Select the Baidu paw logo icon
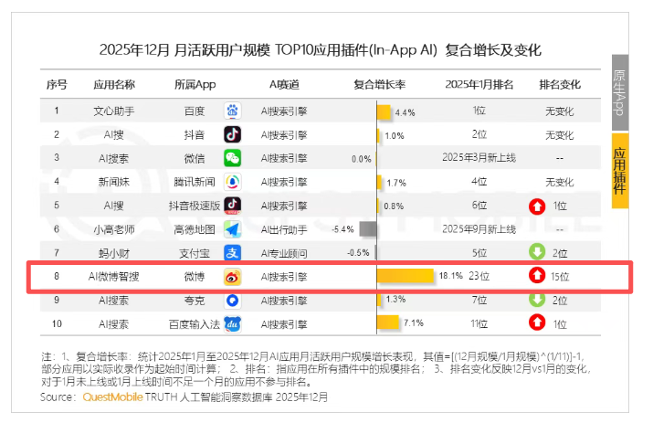(232, 111)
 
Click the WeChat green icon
(232, 158)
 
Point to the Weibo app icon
(232, 276)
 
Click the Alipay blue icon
(232, 252)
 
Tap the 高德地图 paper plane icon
(232, 228)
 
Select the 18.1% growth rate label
(451, 276)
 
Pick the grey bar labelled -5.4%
(369, 228)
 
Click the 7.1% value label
(414, 323)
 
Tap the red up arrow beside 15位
(536, 276)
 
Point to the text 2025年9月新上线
(479, 228)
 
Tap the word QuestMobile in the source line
(114, 398)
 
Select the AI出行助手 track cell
(284, 228)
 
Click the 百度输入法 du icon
(232, 323)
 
